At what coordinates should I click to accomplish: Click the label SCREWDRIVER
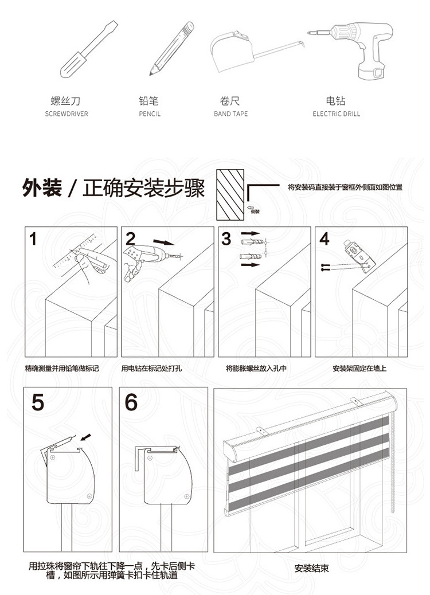point(67,114)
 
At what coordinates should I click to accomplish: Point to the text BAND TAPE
point(230,114)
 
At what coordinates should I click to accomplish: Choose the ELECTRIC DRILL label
point(337,114)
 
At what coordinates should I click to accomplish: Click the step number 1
point(33,239)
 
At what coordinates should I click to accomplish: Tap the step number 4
point(325,239)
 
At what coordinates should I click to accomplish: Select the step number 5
point(37,402)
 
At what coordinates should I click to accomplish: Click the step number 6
point(131,402)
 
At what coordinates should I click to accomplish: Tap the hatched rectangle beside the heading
point(229,194)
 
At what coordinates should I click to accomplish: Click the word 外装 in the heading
point(42,188)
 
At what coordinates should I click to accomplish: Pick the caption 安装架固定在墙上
point(359,369)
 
